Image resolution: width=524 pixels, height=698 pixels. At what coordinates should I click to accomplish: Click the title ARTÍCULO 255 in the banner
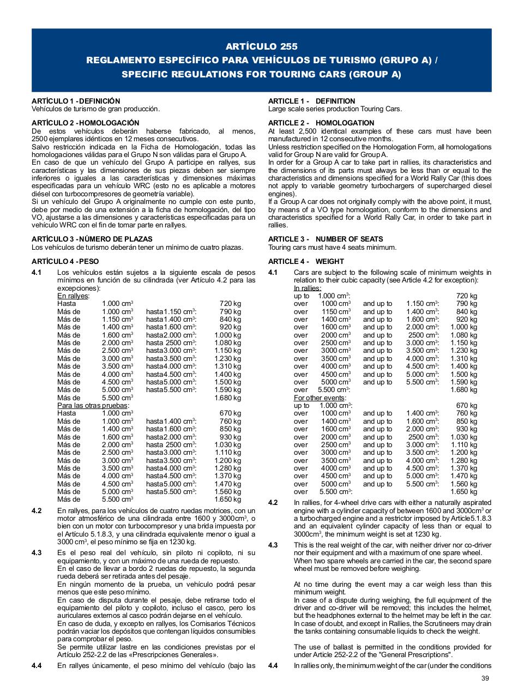click(262, 46)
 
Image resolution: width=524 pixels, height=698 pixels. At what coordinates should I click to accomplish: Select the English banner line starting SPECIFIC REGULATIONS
click(262, 74)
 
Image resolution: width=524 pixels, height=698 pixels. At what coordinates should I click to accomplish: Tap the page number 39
click(486, 678)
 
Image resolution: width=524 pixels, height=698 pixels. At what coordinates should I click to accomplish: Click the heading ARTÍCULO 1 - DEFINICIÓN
click(76, 101)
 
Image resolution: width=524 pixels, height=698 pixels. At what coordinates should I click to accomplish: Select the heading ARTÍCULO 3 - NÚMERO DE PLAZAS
click(92, 239)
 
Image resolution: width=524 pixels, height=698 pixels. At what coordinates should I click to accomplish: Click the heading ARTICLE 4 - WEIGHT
click(306, 261)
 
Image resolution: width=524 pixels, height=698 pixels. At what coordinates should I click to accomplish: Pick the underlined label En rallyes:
click(74, 296)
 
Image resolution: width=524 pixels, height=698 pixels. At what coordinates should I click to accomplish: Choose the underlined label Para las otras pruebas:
click(94, 405)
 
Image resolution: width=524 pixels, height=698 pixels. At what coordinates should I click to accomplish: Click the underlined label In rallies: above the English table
click(308, 288)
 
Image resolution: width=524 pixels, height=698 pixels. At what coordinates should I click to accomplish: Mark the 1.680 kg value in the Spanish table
click(227, 398)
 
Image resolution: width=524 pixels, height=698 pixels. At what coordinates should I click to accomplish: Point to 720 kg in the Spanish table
click(230, 303)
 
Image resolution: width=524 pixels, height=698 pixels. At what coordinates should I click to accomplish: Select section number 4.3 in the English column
click(273, 545)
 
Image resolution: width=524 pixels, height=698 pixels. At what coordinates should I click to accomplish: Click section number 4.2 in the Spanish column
click(37, 511)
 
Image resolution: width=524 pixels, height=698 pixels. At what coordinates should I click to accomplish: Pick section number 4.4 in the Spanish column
click(37, 666)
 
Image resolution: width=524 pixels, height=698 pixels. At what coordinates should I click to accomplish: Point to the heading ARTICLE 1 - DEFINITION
click(311, 101)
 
